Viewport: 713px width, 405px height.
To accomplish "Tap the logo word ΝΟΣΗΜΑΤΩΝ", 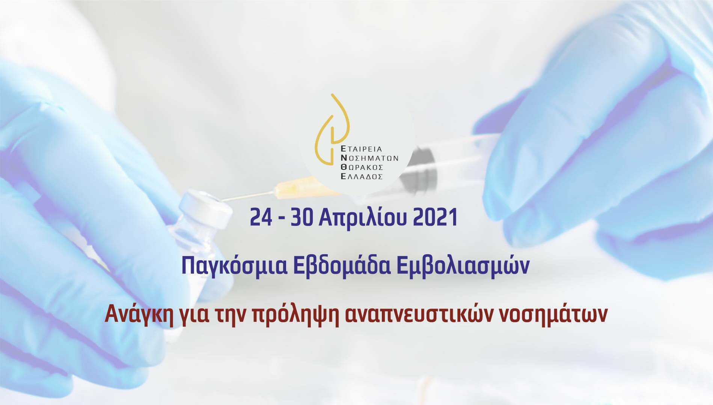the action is click(x=369, y=158).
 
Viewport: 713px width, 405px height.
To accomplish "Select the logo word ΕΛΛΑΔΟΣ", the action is click(x=361, y=177).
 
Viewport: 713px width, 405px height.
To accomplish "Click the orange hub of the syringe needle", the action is click(x=297, y=188).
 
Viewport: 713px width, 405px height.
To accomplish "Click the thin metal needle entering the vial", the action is click(x=248, y=196).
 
